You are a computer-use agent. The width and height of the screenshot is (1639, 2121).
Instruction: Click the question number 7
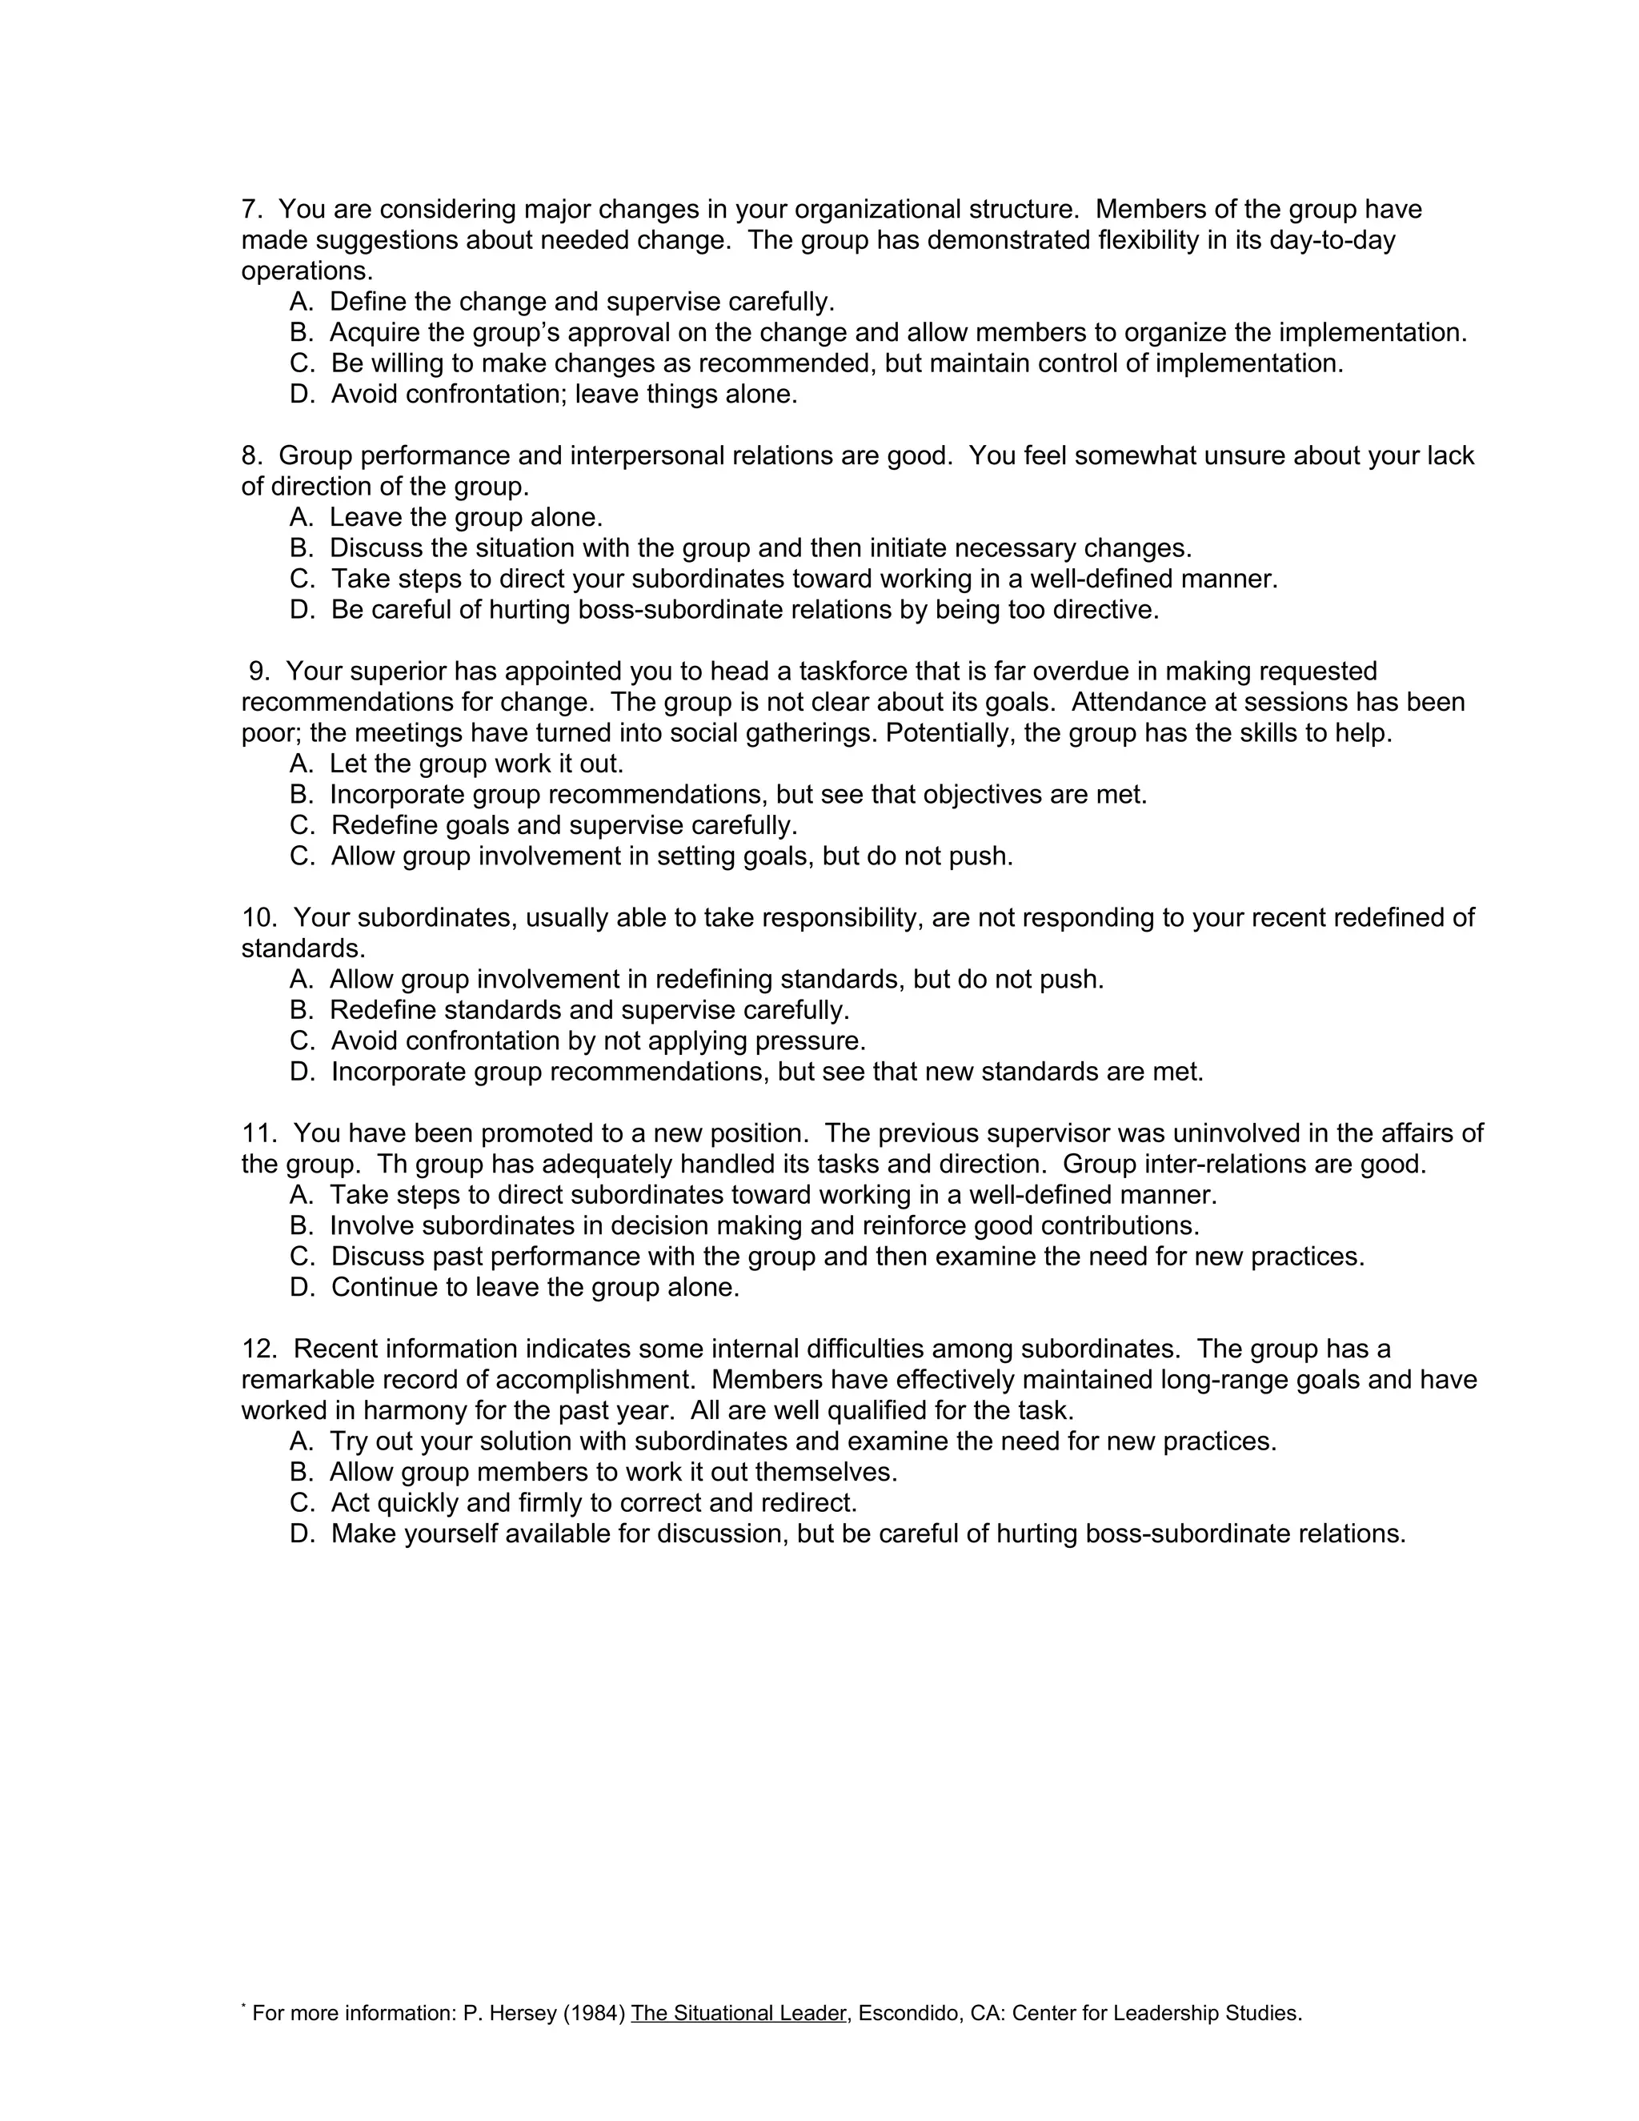coord(250,210)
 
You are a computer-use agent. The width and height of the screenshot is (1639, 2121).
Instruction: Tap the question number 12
coord(259,1349)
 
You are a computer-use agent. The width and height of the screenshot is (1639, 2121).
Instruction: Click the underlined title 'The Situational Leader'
coord(738,2013)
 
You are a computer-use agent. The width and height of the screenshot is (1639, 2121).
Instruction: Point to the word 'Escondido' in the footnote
coord(909,2013)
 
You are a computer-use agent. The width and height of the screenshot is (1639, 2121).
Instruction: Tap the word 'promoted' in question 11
coord(535,1133)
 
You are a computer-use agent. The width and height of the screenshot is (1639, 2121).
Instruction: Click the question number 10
coord(259,918)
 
